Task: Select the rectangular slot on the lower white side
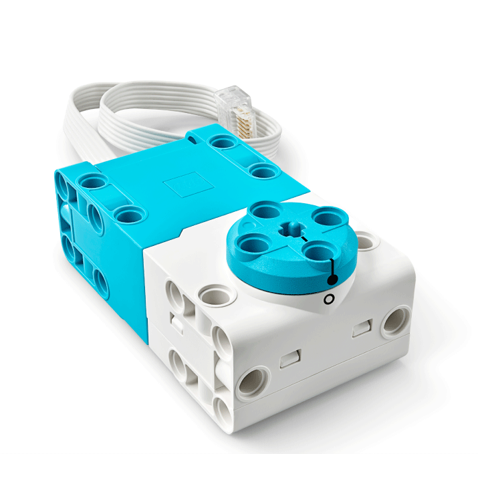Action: tap(287, 362)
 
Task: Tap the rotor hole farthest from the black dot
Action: tap(261, 213)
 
